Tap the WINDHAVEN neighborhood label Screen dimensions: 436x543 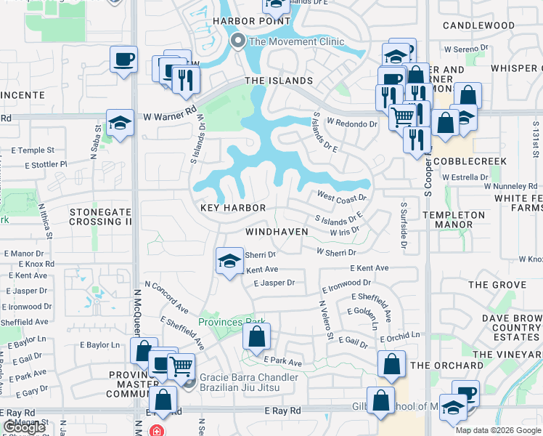click(x=277, y=232)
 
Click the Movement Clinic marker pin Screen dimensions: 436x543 click(x=237, y=41)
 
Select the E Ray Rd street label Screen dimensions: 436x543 click(x=282, y=411)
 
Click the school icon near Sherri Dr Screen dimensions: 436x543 click(x=229, y=262)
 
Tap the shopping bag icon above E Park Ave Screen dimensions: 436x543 click(x=256, y=336)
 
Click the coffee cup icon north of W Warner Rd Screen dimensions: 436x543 click(x=123, y=59)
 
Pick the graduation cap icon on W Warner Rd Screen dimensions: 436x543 click(x=120, y=124)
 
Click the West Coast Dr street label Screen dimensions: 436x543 click(x=342, y=196)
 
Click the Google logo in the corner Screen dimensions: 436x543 click(x=24, y=428)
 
